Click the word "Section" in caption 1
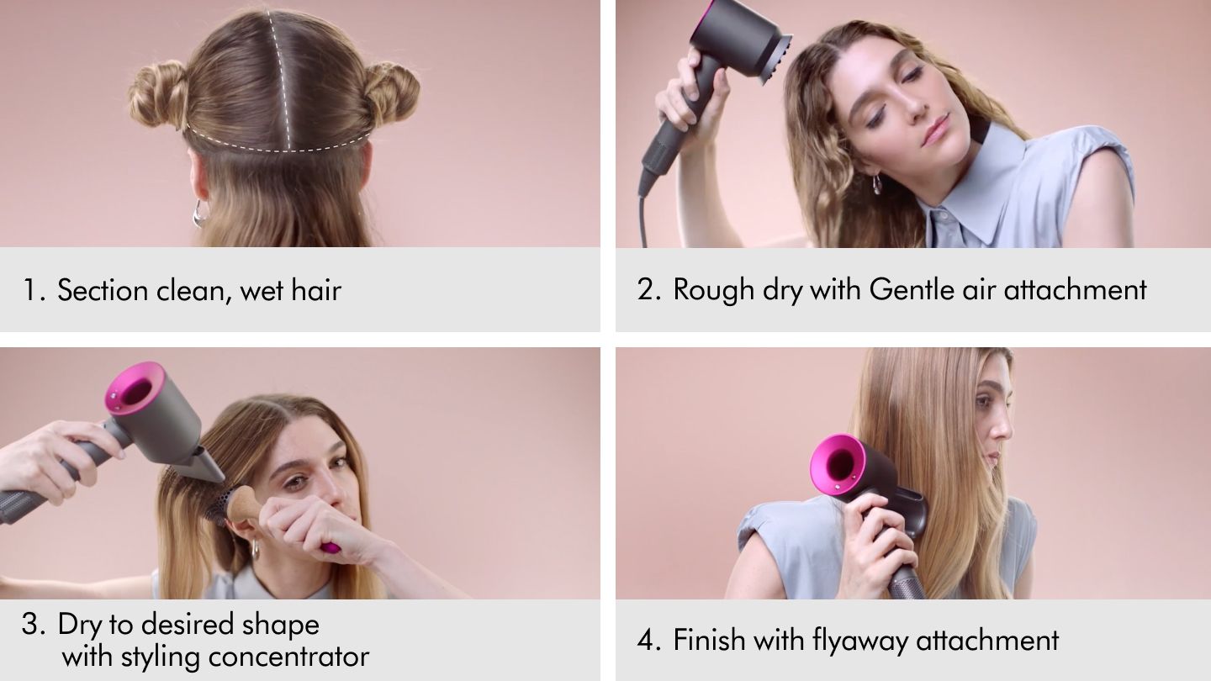pos(103,291)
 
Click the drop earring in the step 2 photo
pos(877,184)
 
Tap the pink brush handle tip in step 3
pos(330,547)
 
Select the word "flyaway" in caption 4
pos(861,641)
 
